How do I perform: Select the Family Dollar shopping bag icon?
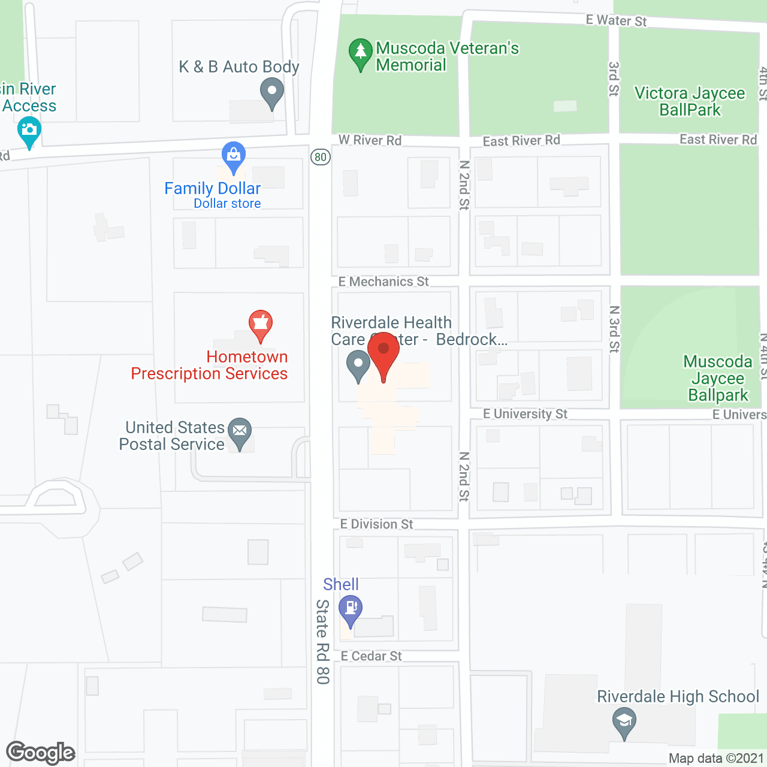[233, 156]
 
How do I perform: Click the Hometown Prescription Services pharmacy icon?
[261, 325]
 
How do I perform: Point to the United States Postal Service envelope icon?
[240, 431]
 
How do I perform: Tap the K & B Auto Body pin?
[272, 93]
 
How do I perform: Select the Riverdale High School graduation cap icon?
[624, 721]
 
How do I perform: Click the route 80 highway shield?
[321, 157]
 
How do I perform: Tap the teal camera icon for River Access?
[29, 131]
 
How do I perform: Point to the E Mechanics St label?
[383, 282]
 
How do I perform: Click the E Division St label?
[376, 524]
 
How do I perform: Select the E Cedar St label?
[371, 656]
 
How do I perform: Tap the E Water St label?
[616, 20]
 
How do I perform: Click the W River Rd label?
[370, 140]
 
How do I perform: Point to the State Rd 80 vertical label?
[323, 641]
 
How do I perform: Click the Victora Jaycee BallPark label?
[690, 101]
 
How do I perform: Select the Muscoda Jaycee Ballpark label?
[718, 378]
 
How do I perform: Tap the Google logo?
[40, 753]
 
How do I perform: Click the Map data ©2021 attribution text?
[716, 759]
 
